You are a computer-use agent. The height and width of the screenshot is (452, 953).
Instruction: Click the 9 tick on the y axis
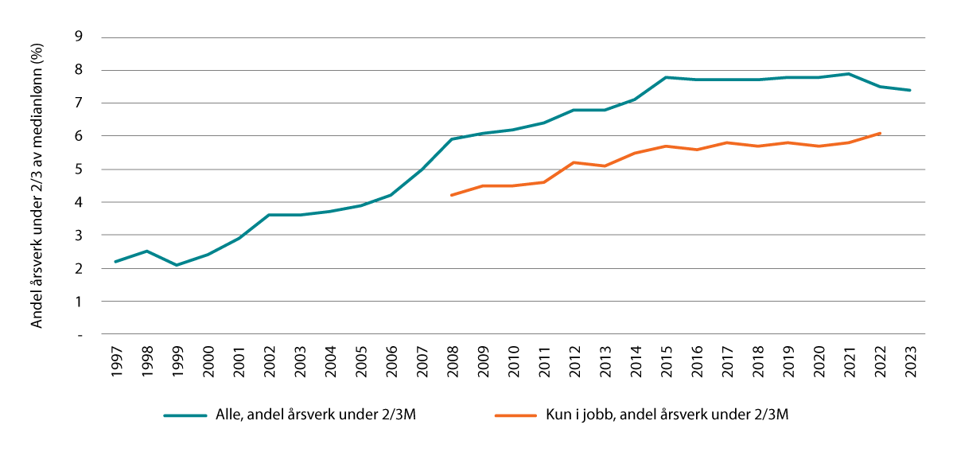(x=78, y=37)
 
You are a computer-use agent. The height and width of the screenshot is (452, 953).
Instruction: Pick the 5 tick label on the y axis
(x=78, y=169)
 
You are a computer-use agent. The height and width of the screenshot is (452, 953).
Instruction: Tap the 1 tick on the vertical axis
(x=78, y=302)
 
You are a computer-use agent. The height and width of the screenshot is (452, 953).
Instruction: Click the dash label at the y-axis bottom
(x=79, y=335)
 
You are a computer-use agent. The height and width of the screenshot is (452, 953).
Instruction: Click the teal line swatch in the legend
(x=185, y=415)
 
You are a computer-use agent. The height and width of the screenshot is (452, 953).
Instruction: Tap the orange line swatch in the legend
(x=515, y=415)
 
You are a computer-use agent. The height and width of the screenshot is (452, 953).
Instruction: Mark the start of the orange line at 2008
(x=452, y=195)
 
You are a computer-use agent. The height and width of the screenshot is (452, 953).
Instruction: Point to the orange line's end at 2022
(x=880, y=133)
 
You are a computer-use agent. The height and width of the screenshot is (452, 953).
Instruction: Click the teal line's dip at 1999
(x=177, y=265)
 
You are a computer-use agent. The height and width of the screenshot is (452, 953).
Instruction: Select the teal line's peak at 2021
(x=849, y=74)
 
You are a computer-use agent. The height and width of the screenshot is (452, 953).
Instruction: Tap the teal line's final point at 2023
(x=910, y=90)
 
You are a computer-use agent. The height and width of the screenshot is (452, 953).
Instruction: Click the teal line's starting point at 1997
(x=116, y=262)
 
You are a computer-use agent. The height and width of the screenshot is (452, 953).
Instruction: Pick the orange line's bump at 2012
(x=574, y=162)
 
